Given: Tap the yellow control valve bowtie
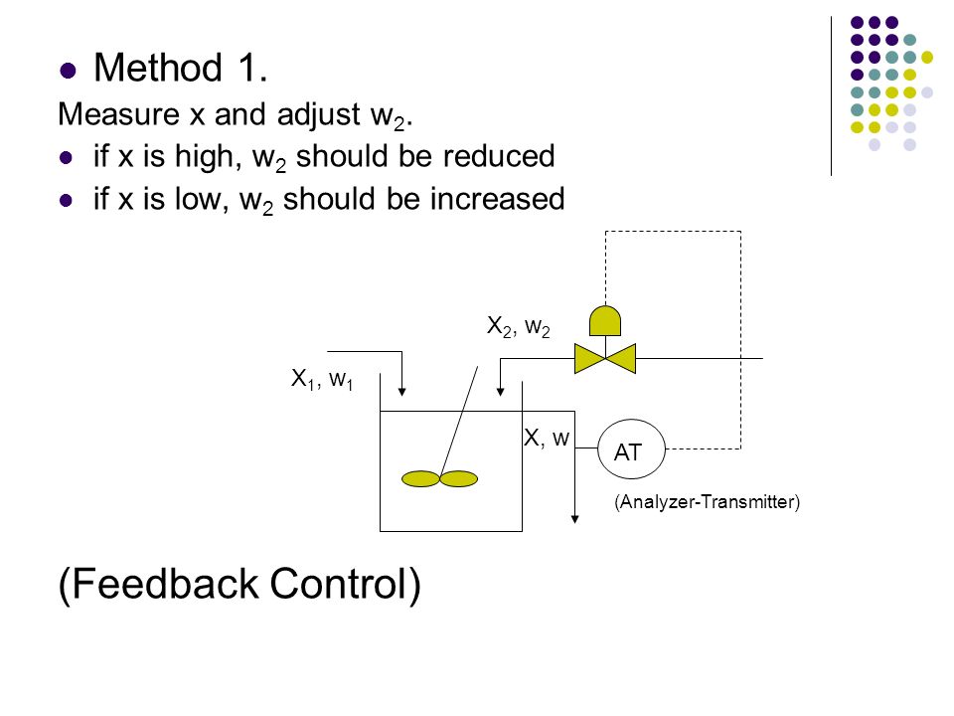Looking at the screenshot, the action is tap(605, 358).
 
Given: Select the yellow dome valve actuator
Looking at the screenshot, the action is tap(605, 321).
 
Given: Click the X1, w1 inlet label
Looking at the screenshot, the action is tap(322, 379).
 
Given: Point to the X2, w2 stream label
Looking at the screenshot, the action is tap(519, 327).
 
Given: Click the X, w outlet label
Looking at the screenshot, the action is tap(547, 438).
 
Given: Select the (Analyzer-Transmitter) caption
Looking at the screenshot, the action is tap(707, 502).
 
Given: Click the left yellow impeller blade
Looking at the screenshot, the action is tap(420, 479).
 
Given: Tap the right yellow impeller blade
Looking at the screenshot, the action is tap(459, 479).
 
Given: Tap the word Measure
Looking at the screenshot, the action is tap(119, 113).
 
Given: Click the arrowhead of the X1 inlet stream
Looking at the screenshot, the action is tap(401, 392).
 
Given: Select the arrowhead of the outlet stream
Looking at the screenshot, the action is tap(574, 519).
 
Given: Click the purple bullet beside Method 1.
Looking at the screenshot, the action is tap(69, 70).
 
